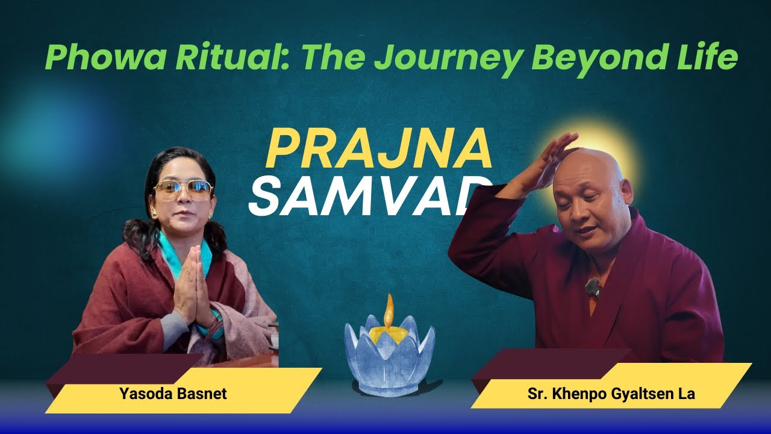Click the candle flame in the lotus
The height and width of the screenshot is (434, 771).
click(x=389, y=311)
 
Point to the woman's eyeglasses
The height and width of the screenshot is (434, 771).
click(x=183, y=190)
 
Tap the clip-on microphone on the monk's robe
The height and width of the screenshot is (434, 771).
click(x=593, y=288)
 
